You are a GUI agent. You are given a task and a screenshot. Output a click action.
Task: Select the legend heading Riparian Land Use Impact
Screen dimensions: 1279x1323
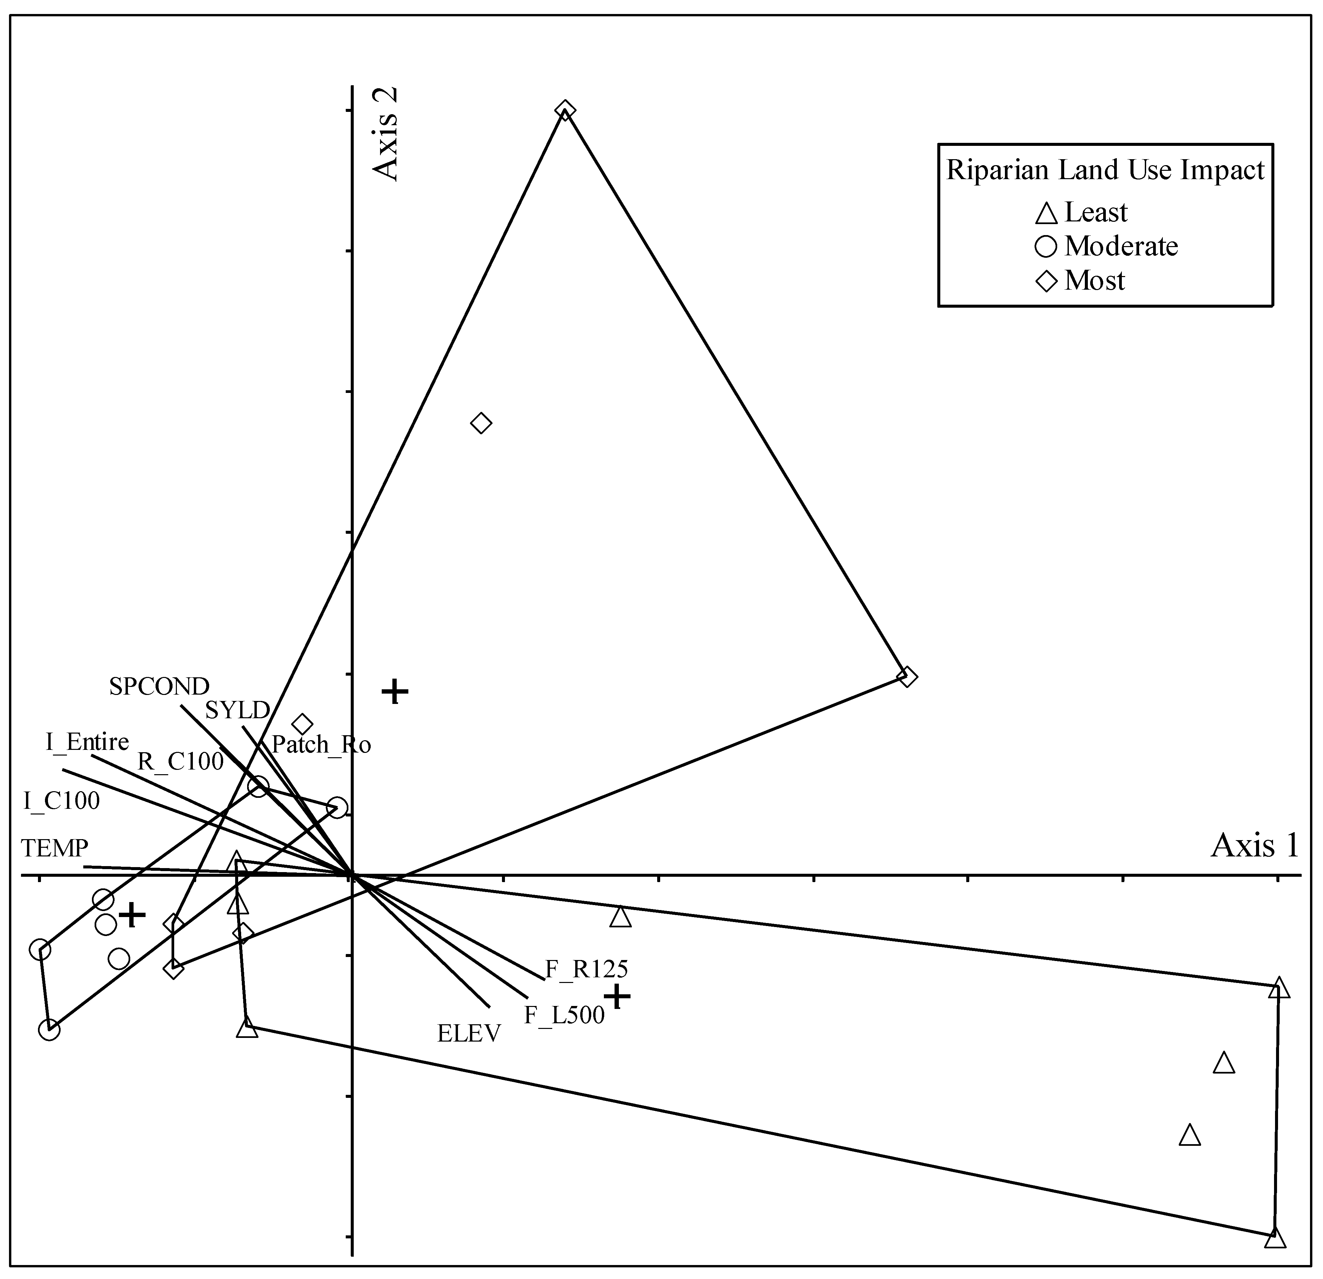coord(1105,170)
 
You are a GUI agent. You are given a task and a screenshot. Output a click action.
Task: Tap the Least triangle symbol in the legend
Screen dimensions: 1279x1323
coord(1046,213)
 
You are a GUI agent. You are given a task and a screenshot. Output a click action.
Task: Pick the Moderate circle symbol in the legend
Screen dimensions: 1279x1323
coord(1046,247)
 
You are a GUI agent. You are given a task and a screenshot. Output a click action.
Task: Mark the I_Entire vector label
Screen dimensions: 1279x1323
coord(87,743)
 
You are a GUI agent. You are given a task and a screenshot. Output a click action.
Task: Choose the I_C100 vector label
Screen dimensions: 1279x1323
coord(61,801)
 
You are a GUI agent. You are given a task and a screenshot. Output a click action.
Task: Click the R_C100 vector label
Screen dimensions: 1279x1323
coord(180,761)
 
